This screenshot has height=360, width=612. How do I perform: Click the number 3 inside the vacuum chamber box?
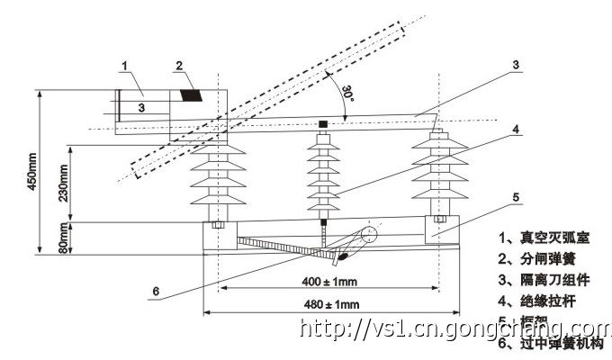pos(140,106)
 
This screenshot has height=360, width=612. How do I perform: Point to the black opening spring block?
pos(190,94)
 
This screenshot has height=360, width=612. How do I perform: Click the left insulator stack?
pos(220,180)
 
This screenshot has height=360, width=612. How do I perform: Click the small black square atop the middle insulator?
pos(322,122)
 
